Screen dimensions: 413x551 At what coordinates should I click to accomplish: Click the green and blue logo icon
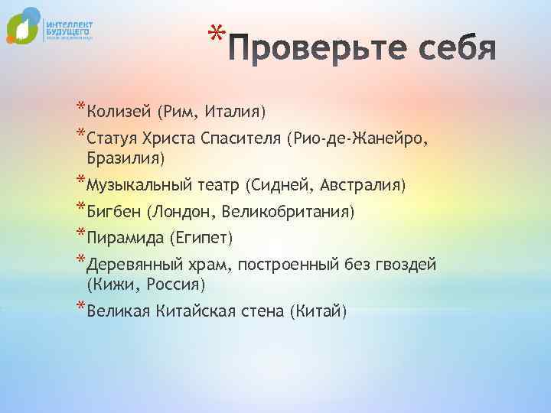pyautogui.click(x=22, y=26)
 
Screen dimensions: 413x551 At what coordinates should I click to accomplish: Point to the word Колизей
pyautogui.click(x=120, y=112)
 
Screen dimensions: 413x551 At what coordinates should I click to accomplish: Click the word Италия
pyautogui.click(x=236, y=112)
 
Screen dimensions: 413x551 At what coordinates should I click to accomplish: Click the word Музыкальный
pyautogui.click(x=135, y=185)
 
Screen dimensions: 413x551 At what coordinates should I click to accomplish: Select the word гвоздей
pyautogui.click(x=402, y=265)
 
